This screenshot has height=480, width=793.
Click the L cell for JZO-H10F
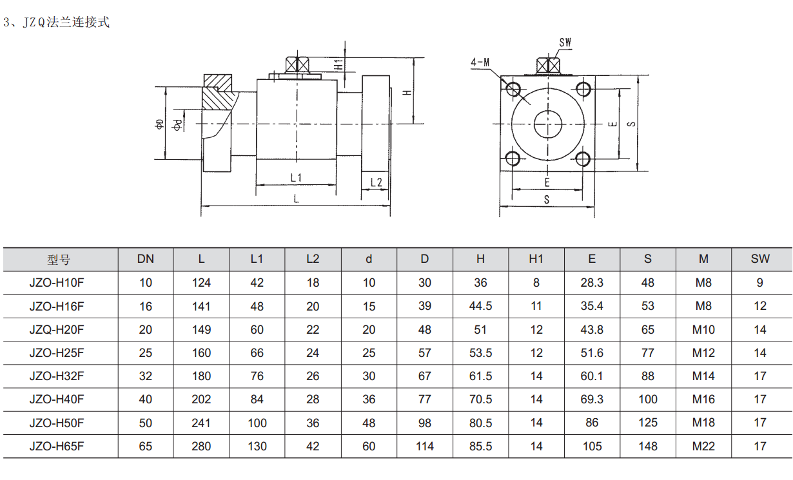201,283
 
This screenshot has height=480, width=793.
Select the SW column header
760,259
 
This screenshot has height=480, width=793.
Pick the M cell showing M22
703,446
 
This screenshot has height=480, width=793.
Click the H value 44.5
480,306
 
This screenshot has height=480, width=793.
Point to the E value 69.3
592,399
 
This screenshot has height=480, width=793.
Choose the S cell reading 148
647,446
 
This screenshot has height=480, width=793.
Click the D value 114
424,446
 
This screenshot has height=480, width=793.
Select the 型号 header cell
59,260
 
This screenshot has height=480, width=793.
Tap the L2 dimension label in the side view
377,182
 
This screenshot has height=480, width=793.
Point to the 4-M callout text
480,62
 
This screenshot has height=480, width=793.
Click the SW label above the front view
565,43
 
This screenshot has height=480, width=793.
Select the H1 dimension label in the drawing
338,64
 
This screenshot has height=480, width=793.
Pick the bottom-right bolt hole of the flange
583,158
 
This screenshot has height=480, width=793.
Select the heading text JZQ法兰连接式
64,23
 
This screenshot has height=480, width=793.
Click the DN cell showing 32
146,376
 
